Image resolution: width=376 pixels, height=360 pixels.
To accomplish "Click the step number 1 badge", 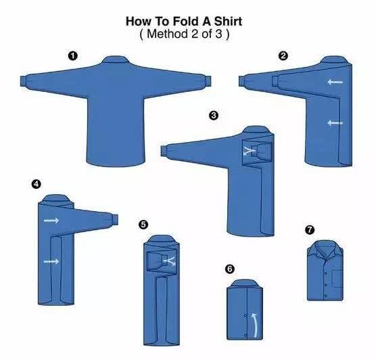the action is (72, 56).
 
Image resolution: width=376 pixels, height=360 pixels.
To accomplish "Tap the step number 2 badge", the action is (283, 56).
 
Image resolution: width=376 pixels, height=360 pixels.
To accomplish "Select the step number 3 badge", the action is (214, 116).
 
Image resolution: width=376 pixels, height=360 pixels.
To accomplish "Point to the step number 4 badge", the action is (36, 184).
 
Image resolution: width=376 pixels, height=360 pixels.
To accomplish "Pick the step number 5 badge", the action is (143, 225).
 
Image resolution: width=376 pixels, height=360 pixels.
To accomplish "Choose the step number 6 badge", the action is (230, 269).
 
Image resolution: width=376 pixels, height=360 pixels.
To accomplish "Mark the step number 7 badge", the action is (310, 229).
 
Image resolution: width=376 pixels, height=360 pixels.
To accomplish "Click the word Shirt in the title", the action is (228, 22).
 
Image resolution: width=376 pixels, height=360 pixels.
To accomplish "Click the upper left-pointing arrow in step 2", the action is (335, 82).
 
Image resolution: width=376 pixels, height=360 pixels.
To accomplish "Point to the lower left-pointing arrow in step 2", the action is (335, 123).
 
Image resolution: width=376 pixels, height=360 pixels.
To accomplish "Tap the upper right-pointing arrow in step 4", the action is (51, 220).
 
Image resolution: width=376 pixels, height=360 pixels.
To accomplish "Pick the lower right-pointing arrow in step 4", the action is (51, 261).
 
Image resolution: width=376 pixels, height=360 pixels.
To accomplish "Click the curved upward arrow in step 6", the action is (256, 325).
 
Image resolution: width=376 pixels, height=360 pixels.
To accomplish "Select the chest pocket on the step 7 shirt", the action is (337, 278).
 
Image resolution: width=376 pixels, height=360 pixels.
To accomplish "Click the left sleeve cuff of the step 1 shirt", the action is (24, 81).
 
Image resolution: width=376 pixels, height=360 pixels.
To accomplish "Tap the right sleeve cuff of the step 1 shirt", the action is (208, 81).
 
